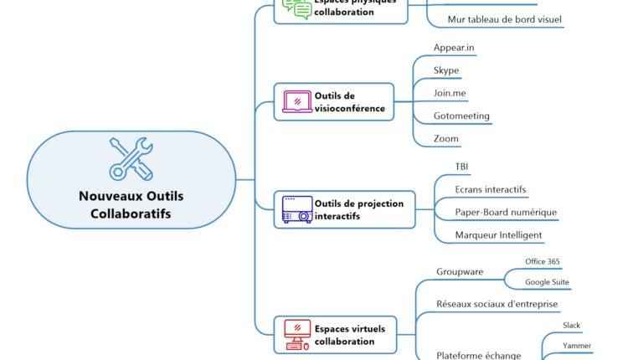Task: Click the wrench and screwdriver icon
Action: pyautogui.click(x=131, y=158)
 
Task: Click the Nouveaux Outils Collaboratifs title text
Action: pyautogui.click(x=131, y=205)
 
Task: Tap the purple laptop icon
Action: pyautogui.click(x=297, y=101)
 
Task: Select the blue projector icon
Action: pyautogui.click(x=297, y=209)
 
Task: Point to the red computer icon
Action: pyautogui.click(x=297, y=334)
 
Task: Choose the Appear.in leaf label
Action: pyautogui.click(x=454, y=48)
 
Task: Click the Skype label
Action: pyautogui.click(x=446, y=70)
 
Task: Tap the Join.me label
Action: pyautogui.click(x=450, y=93)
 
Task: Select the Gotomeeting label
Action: pyautogui.click(x=461, y=116)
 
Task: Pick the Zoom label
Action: pyautogui.click(x=446, y=138)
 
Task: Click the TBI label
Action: pyautogui.click(x=462, y=167)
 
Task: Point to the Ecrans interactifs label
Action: pyautogui.click(x=491, y=189)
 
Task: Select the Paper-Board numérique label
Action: pyautogui.click(x=506, y=212)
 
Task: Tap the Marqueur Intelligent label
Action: pyautogui.click(x=498, y=235)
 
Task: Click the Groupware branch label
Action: pyautogui.click(x=459, y=271)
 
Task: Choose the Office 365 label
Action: pyautogui.click(x=543, y=261)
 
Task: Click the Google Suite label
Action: pyautogui.click(x=547, y=282)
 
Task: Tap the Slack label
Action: pyautogui.click(x=571, y=325)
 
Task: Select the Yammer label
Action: pyautogui.click(x=576, y=346)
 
